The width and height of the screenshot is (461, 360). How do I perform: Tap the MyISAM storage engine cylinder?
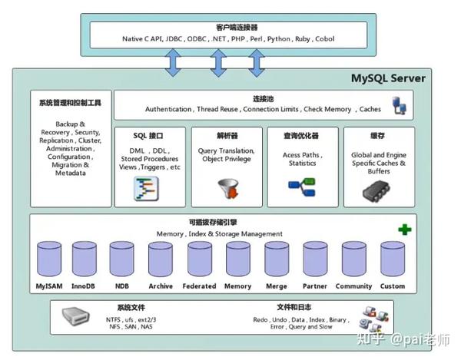coord(48,260)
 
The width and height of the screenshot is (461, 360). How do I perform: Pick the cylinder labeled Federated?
coord(199,260)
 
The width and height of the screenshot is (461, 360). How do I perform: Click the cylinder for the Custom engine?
coord(393,260)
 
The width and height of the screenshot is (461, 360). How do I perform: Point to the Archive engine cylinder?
coord(161,260)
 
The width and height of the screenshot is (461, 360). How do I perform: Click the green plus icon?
coord(404,230)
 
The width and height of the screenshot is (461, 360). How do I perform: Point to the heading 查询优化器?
coord(300,136)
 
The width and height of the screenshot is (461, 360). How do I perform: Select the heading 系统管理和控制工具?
coord(71,102)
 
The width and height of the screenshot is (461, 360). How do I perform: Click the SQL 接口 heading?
coord(149,136)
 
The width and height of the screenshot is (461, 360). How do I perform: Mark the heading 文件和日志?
coord(292,307)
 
